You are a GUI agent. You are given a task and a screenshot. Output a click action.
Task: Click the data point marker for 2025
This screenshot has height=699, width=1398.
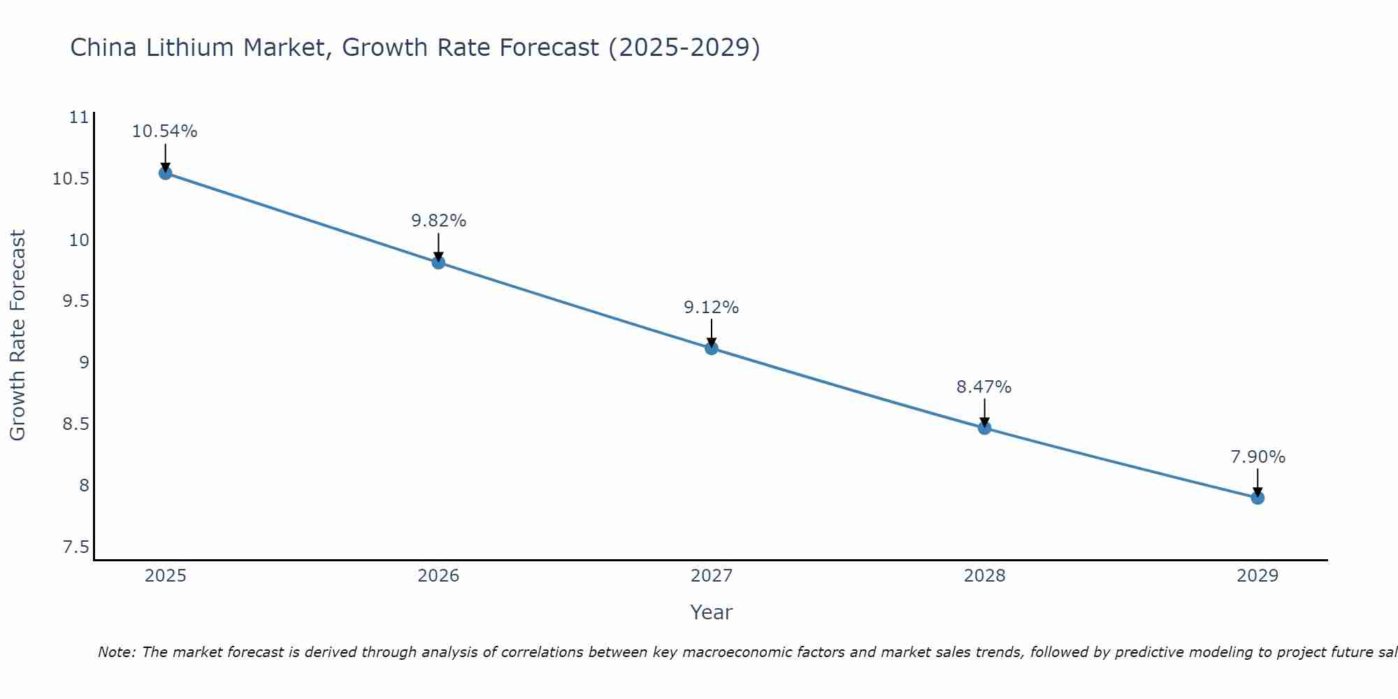pos(166,173)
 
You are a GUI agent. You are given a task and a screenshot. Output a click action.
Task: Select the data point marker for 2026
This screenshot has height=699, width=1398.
pos(438,262)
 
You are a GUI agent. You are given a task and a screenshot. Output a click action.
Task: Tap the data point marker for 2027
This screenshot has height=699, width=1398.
pos(712,348)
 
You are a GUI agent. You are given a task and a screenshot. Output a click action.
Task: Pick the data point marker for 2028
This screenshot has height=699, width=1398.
pos(984,428)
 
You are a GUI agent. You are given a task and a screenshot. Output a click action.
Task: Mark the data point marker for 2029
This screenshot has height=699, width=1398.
pos(1258,498)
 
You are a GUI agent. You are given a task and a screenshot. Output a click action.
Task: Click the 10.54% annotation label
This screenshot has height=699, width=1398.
pos(165,131)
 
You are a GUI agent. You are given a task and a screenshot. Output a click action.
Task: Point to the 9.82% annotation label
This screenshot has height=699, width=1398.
pos(438,221)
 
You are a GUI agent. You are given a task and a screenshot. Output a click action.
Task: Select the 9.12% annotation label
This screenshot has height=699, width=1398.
pos(711,308)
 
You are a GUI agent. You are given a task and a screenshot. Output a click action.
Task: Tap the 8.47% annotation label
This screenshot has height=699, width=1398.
pos(983,387)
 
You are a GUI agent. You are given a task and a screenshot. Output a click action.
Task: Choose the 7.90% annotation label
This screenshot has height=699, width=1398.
pos(1258,457)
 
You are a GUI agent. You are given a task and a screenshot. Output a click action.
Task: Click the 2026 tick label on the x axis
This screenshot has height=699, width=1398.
pos(438,576)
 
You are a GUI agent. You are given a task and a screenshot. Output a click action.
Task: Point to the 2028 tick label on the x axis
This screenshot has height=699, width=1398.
pos(984,576)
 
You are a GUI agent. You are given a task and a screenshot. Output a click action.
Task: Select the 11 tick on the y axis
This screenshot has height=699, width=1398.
pos(80,117)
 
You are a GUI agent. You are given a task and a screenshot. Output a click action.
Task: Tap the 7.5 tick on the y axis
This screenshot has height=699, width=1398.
pos(76,547)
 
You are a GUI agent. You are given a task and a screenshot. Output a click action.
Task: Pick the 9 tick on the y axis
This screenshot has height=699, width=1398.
pos(84,362)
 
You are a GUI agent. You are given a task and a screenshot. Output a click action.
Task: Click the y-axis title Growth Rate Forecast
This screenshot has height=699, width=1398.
pos(17,336)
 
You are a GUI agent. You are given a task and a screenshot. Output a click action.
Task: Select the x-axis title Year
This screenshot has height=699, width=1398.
pos(711,612)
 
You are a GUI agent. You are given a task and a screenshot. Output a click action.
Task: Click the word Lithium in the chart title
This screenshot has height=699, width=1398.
pos(191,48)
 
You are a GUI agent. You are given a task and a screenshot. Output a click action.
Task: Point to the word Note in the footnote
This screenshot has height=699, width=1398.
pos(116,652)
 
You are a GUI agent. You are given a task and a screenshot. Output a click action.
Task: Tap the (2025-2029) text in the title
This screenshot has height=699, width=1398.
pos(684,48)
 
